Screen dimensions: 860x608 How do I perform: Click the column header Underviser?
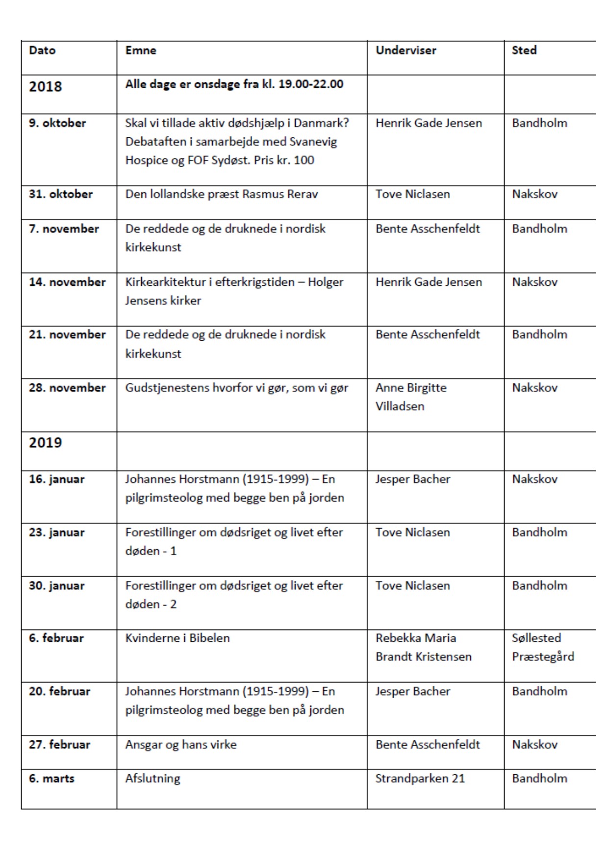(x=405, y=50)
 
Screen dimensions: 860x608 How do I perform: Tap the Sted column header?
(x=524, y=50)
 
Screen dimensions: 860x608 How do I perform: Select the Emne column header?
(x=141, y=50)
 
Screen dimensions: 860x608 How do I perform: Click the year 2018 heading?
(x=45, y=87)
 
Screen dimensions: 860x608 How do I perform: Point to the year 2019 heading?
(x=45, y=443)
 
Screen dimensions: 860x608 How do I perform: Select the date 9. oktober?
(x=57, y=123)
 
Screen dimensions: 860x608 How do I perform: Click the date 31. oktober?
(x=60, y=194)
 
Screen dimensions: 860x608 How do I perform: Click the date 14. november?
(x=67, y=282)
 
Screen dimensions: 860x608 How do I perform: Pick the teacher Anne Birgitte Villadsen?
(x=411, y=397)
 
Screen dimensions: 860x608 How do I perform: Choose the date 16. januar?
(x=56, y=479)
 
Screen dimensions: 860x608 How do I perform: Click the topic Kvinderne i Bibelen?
(x=177, y=638)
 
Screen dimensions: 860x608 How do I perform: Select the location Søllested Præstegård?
(x=542, y=647)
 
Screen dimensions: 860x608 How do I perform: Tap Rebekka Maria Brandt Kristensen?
(x=423, y=647)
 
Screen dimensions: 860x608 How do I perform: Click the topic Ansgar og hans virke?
(x=180, y=744)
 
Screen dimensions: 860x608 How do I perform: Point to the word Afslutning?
(x=152, y=778)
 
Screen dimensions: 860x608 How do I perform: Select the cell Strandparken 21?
(x=420, y=778)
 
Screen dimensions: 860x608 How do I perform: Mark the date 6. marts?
(x=51, y=778)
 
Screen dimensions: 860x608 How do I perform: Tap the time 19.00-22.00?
(x=311, y=84)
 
